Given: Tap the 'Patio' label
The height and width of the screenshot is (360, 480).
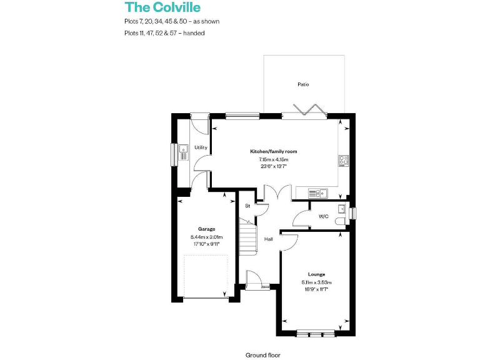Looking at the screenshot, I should pyautogui.click(x=303, y=84).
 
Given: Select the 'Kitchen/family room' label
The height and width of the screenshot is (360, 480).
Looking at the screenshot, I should pyautogui.click(x=274, y=152).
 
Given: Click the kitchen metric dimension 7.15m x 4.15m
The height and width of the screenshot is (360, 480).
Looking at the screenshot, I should pyautogui.click(x=274, y=160).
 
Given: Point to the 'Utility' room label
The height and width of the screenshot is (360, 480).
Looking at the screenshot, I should pyautogui.click(x=201, y=147).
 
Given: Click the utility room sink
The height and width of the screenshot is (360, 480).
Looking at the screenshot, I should pyautogui.click(x=184, y=149).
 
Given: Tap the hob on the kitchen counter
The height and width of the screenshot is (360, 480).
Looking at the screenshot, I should pyautogui.click(x=343, y=160).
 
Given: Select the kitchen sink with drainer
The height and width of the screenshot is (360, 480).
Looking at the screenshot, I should pyautogui.click(x=318, y=192).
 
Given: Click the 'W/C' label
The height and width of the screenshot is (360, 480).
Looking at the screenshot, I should pyautogui.click(x=323, y=216).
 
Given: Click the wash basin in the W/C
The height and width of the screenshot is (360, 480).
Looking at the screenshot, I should pyautogui.click(x=341, y=208).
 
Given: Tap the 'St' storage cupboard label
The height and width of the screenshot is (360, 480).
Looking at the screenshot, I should pyautogui.click(x=247, y=205).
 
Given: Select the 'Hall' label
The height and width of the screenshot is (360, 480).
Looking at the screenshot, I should pyautogui.click(x=268, y=239).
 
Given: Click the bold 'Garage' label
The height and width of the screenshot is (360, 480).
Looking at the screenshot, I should pyautogui.click(x=207, y=229).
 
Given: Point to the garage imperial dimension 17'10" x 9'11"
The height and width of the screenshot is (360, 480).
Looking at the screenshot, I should pyautogui.click(x=207, y=244).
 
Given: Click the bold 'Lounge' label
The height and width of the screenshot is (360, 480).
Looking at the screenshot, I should pyautogui.click(x=316, y=274).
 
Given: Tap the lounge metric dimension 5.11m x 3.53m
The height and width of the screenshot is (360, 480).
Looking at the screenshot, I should pyautogui.click(x=316, y=282).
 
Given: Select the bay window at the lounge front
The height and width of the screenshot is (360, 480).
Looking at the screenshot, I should pyautogui.click(x=316, y=334).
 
